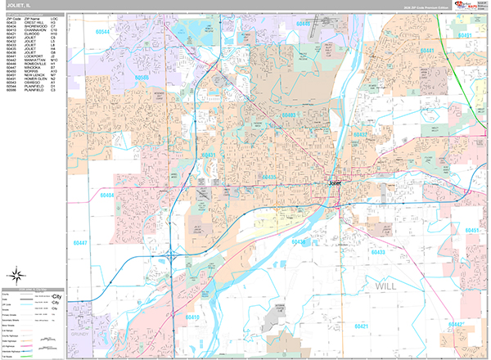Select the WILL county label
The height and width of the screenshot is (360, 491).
coord(390,287)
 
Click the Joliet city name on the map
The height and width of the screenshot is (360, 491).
coord(335,183)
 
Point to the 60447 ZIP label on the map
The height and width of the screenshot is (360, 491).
coord(79,243)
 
